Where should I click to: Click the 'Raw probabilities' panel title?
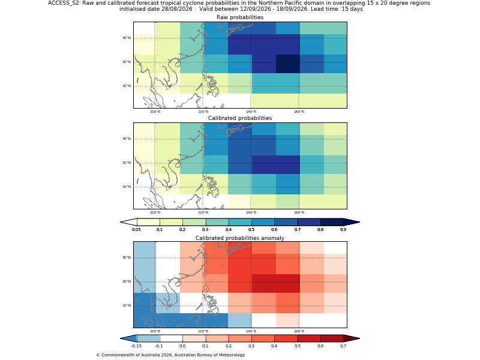[240, 17]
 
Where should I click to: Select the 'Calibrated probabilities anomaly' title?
[240, 238]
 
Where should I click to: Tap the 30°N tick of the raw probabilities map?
[127, 38]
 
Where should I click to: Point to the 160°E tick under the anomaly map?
[299, 331]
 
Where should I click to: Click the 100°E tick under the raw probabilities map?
[155, 112]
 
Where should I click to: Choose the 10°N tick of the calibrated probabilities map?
[127, 187]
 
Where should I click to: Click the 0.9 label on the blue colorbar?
[343, 230]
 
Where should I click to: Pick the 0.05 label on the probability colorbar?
[136, 230]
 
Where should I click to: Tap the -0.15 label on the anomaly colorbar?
[136, 346]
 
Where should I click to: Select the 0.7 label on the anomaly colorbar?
[343, 346]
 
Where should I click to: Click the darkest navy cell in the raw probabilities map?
[288, 64]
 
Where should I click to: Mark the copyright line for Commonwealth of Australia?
[170, 355]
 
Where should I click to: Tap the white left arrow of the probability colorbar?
[128, 222]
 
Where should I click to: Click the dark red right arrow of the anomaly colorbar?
[352, 338]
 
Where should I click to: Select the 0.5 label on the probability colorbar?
[251, 230]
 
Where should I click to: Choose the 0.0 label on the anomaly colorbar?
[182, 346]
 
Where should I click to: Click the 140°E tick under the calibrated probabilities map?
[251, 212]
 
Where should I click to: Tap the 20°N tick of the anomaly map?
[127, 281]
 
